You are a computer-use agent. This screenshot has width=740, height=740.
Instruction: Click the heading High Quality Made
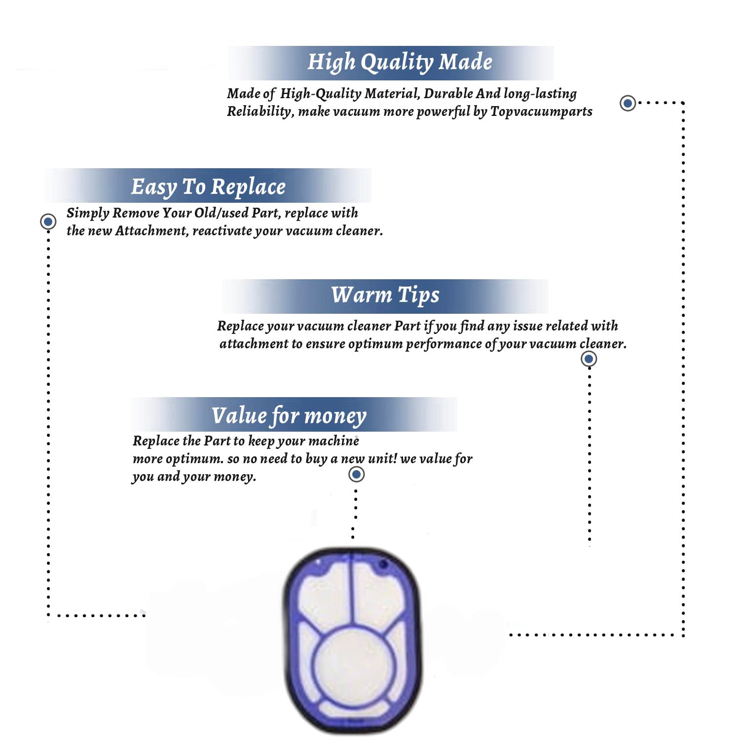point(400,62)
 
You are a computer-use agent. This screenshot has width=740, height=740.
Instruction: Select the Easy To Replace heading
point(208,187)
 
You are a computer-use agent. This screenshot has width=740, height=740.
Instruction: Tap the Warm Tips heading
point(385,295)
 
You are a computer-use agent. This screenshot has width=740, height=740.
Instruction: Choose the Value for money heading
point(289,415)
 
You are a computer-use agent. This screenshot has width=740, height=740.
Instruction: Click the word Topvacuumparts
point(541,111)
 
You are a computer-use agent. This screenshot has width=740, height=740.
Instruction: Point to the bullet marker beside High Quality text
point(628,103)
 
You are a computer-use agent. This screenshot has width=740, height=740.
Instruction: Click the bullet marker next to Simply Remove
point(48,222)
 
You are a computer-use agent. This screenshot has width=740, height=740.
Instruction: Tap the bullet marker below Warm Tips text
point(589,359)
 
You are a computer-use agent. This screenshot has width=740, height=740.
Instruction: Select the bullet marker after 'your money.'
point(356,475)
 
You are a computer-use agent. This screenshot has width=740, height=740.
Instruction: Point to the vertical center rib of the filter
point(352,590)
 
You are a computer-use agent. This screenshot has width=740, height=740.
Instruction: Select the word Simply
point(88,213)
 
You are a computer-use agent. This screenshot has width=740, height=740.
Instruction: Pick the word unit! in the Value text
point(382,459)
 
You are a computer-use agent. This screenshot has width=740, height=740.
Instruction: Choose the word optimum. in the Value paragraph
point(194,459)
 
